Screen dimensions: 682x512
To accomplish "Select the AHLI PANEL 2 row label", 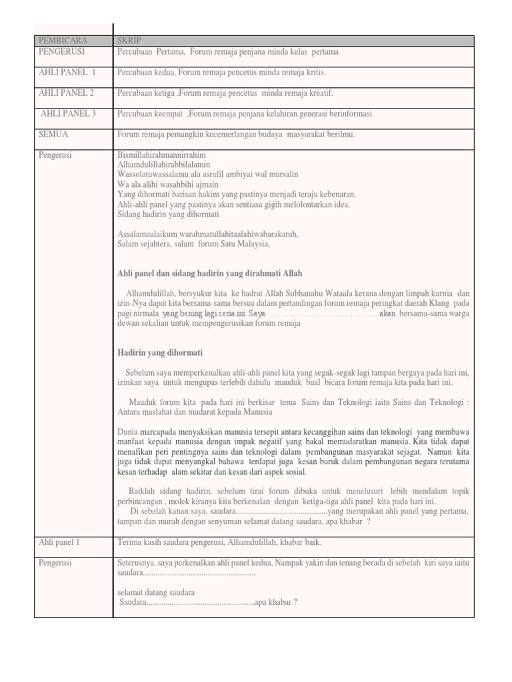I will pos(66,93).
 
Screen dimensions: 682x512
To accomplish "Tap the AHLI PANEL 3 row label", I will pos(68,113).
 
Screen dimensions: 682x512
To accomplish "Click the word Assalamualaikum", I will pos(148,234).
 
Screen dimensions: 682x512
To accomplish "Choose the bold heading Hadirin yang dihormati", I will pos(160,352).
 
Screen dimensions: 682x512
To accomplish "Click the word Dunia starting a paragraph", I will pos(127,432).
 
